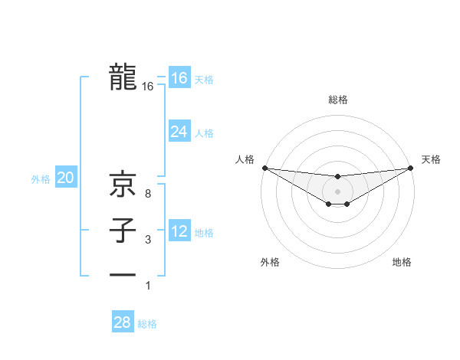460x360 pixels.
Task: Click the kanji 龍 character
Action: coord(123,77)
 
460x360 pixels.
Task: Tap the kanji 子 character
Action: coord(123,231)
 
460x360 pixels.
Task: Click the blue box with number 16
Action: coord(179,78)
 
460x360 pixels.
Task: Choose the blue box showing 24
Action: coord(179,132)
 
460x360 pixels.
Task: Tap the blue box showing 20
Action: coord(66,178)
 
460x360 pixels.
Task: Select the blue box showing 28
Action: coord(122,322)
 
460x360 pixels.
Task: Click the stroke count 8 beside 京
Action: coord(147,193)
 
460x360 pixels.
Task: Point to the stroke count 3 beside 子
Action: coord(147,240)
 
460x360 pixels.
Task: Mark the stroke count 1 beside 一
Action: coord(147,286)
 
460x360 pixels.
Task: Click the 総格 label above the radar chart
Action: coord(338,100)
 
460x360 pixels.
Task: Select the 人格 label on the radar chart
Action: coord(245,159)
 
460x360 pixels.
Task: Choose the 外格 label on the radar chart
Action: coord(269,263)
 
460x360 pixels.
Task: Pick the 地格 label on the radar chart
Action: coord(402,263)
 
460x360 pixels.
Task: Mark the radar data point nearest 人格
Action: coord(264,168)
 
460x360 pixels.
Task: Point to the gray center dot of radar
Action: coord(338,191)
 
